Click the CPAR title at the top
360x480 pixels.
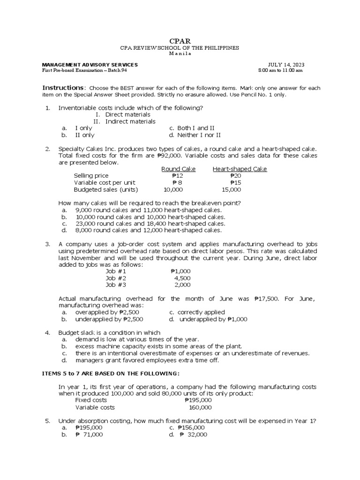180,41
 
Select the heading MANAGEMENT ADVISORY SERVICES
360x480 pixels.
90,64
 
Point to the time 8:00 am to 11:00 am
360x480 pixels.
280,70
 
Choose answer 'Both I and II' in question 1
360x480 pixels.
191,128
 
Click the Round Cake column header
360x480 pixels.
178,169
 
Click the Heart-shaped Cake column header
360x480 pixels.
240,169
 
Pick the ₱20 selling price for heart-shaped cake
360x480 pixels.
235,176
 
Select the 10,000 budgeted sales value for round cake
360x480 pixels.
173,189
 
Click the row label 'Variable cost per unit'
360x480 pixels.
104,183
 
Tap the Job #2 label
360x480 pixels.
116,278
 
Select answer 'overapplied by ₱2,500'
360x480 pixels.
107,312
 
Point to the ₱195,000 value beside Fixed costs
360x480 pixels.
198,400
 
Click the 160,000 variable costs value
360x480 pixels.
200,407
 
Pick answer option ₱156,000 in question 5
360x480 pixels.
191,428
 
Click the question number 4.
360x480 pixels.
47,332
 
